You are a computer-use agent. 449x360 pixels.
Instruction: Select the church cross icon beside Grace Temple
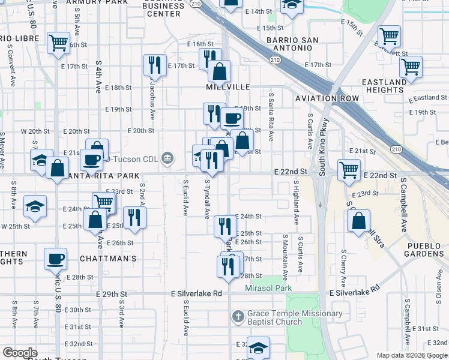click(x=238, y=316)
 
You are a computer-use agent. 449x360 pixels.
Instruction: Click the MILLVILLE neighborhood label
click(x=228, y=87)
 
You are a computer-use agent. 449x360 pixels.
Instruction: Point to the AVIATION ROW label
click(x=327, y=98)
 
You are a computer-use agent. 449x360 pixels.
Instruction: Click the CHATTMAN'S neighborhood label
click(x=108, y=259)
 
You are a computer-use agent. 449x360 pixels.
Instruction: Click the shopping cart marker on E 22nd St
click(x=349, y=169)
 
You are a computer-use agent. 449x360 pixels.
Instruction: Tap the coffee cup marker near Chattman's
click(x=56, y=259)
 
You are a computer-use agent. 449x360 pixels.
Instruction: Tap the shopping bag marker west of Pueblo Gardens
click(x=358, y=220)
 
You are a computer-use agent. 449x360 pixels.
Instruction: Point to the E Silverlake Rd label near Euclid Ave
click(x=196, y=293)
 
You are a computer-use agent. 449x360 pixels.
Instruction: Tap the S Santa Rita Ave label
click(x=271, y=117)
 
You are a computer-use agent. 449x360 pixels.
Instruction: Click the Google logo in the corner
click(x=20, y=353)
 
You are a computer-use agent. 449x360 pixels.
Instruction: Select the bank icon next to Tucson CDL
click(x=167, y=158)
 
